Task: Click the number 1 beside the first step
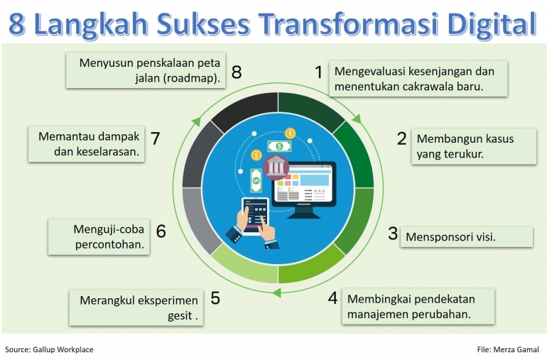319,72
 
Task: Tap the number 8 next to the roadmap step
237,72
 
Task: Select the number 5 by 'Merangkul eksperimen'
215,298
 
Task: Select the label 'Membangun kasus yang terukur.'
473,146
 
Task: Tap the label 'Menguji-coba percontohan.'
101,237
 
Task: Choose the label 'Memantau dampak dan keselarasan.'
87,143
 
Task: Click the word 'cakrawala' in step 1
423,87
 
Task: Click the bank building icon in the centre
276,168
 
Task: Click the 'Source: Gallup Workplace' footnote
49,349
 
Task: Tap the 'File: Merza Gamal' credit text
508,349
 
